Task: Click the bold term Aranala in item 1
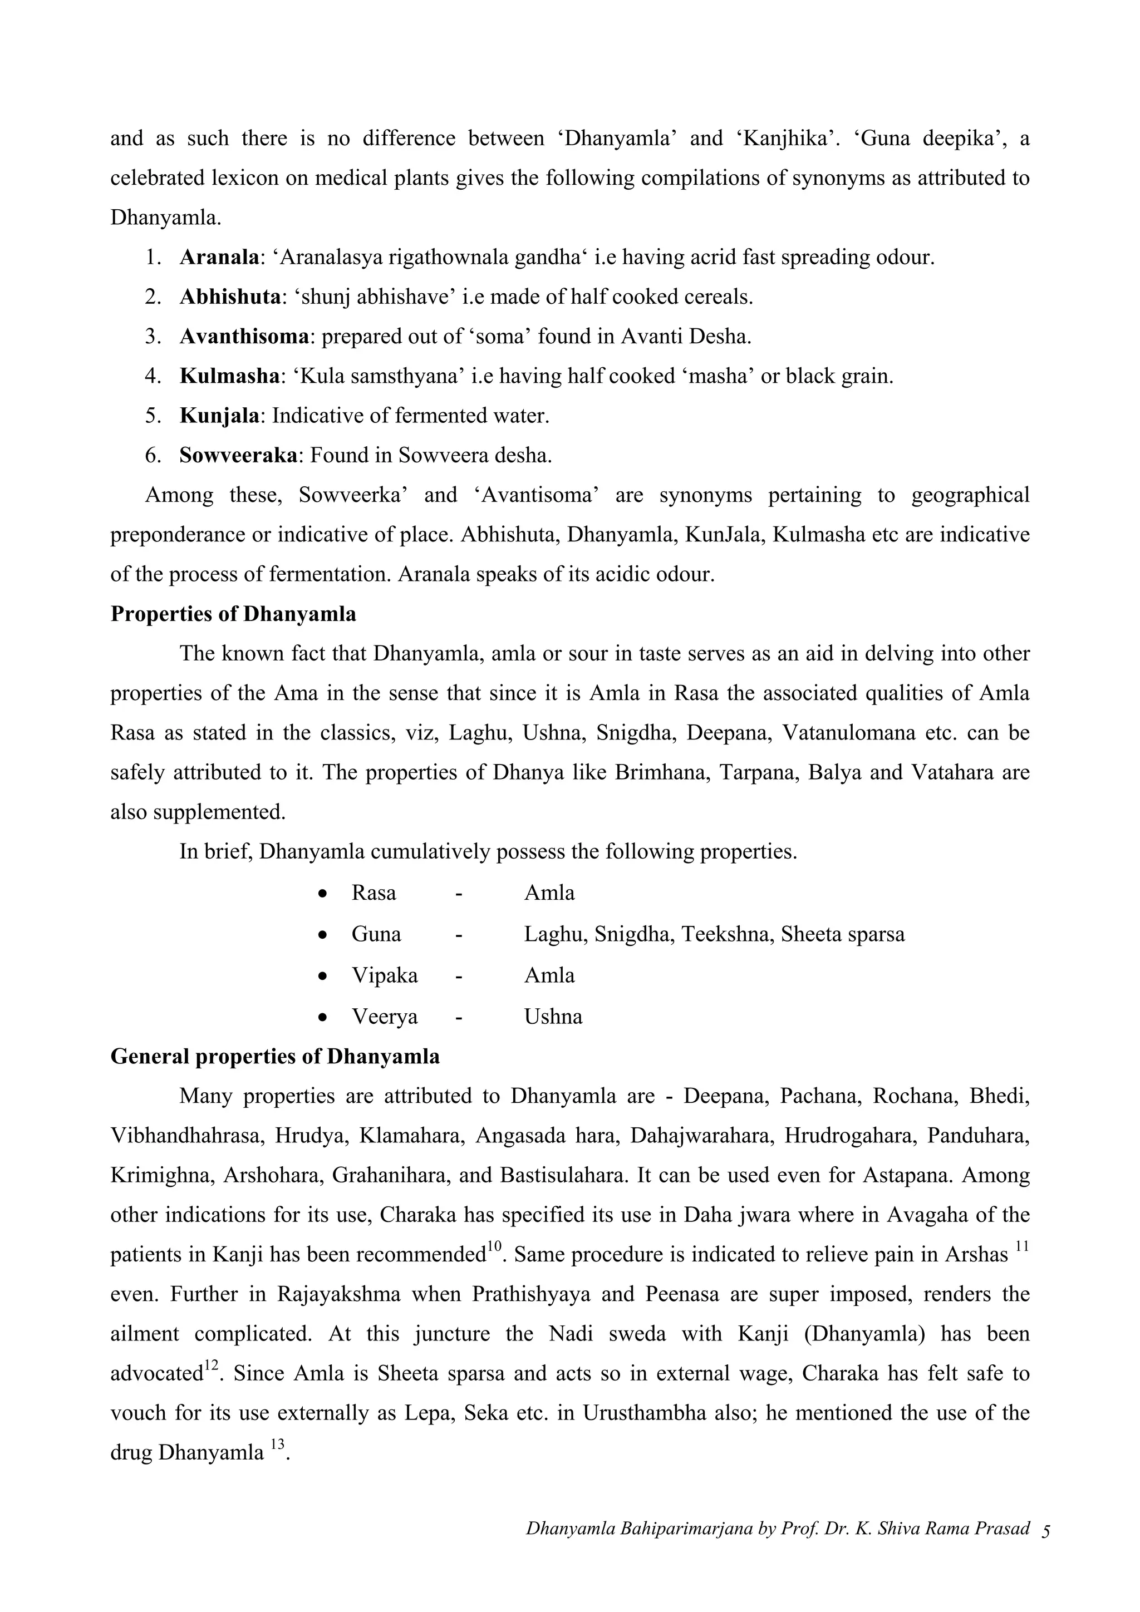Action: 218,258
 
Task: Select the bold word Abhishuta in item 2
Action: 230,297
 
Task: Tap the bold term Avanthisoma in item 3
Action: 244,337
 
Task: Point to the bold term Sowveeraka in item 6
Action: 238,456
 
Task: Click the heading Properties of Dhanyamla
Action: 233,614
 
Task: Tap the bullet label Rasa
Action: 374,893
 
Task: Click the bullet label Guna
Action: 376,934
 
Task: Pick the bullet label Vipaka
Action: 384,976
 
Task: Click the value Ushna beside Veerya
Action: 553,1017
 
